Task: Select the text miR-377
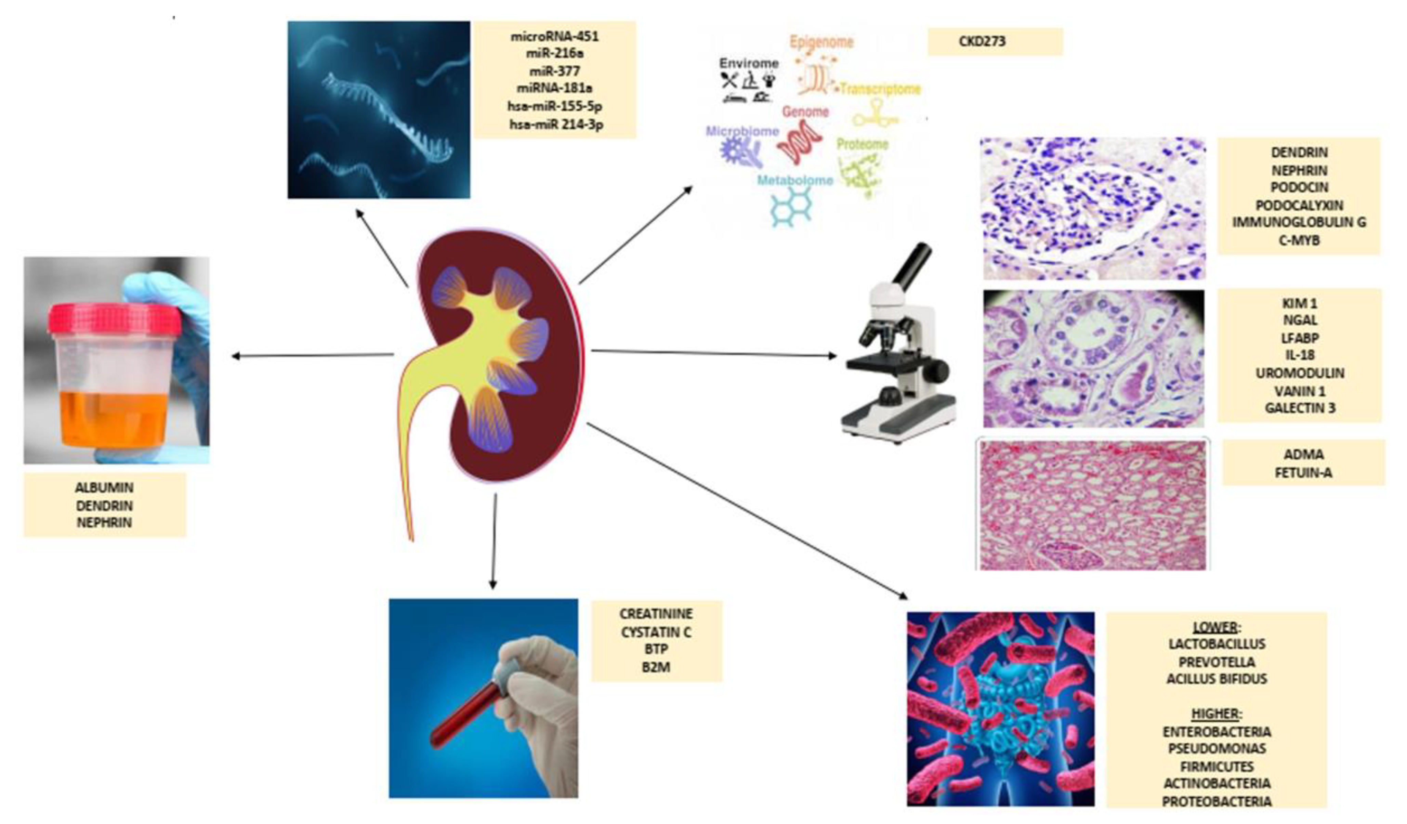(554, 71)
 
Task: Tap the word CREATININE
(656, 614)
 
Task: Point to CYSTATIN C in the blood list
(656, 632)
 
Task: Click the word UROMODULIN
(1300, 372)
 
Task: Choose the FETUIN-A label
(1303, 473)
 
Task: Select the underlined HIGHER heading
(1215, 714)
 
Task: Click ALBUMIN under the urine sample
(104, 487)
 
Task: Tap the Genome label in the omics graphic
(805, 111)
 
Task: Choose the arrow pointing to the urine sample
(313, 355)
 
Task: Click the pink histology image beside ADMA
(1093, 505)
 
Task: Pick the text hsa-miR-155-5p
(554, 106)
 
